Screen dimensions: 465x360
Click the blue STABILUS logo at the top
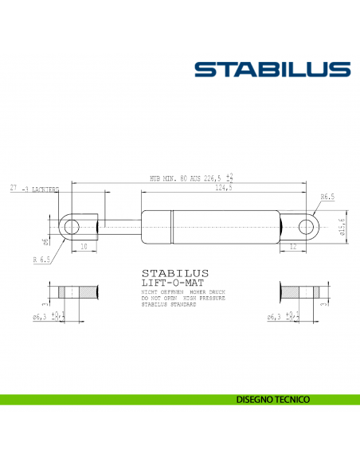[272, 70]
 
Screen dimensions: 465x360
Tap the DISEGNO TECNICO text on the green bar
[272, 399]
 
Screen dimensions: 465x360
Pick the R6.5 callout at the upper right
[327, 196]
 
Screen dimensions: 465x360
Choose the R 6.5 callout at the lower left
[41, 260]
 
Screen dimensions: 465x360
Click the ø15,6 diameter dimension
[341, 227]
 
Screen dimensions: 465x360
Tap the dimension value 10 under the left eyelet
[84, 247]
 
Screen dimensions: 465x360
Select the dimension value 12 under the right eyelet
[293, 247]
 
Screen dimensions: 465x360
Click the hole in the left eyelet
[72, 227]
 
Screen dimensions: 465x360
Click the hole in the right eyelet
[305, 227]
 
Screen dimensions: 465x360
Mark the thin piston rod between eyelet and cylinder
[119, 227]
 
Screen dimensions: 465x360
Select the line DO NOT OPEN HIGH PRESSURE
[172, 299]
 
